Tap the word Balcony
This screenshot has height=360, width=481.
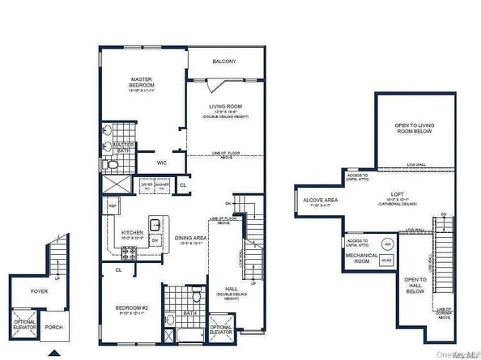point(224,61)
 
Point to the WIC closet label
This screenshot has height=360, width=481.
point(162,163)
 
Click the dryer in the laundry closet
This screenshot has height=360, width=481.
point(147,185)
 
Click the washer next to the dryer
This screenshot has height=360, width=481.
point(162,185)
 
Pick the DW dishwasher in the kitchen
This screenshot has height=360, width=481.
point(154,239)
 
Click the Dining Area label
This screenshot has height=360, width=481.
point(191,239)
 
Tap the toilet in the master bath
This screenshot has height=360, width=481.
point(113,165)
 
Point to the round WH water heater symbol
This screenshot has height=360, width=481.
point(387,244)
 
